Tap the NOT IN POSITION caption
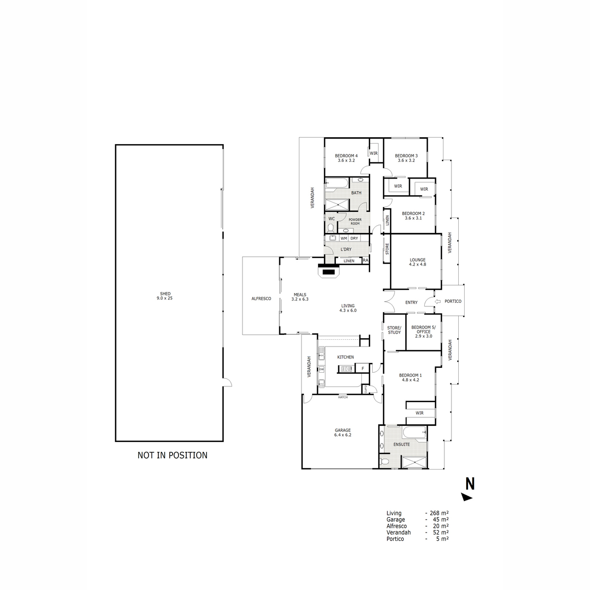click(172, 455)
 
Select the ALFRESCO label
click(261, 298)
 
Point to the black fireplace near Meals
click(328, 271)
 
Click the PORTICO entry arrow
click(438, 301)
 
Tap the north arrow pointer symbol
click(467, 498)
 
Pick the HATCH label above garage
click(343, 397)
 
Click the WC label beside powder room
click(331, 219)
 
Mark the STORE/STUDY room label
click(394, 330)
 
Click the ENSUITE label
click(402, 444)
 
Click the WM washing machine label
click(344, 238)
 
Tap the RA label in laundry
click(365, 260)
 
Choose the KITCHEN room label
click(345, 357)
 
